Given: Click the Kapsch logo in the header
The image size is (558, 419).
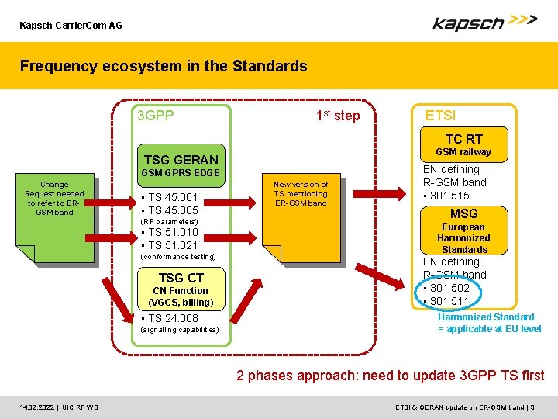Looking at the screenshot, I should [x=484, y=23].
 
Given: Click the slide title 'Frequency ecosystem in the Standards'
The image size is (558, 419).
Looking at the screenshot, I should [x=164, y=66].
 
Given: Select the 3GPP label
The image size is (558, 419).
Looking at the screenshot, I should [x=155, y=116].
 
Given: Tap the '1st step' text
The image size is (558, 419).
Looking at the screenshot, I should [x=338, y=116].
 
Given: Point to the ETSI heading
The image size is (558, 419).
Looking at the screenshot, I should [x=440, y=116].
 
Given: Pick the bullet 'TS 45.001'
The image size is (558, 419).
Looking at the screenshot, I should [x=174, y=197].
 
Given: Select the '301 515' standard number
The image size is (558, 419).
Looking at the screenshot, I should [x=450, y=196].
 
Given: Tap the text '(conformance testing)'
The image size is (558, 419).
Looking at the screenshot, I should [x=177, y=257].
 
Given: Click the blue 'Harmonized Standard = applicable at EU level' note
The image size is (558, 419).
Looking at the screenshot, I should [x=489, y=323].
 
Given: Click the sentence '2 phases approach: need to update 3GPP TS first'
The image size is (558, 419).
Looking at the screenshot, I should [x=390, y=376].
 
